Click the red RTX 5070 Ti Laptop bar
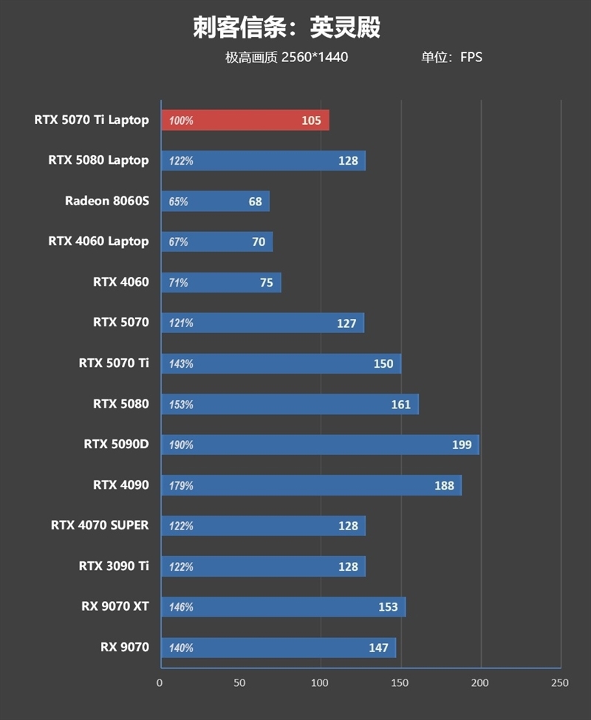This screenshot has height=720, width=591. coord(245,120)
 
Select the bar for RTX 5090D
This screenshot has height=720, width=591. coord(320,445)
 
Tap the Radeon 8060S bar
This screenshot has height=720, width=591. coord(215,202)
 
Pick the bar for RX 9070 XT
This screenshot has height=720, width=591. coord(283,607)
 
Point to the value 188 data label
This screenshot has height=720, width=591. coord(444,485)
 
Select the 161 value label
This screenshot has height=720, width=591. coord(400,405)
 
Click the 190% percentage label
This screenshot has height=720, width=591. coord(181,445)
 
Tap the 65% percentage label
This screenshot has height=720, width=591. coord(178,202)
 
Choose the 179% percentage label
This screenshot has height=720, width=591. coord(181,486)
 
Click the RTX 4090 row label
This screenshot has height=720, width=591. coord(121,485)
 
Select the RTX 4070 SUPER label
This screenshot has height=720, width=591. coord(100,526)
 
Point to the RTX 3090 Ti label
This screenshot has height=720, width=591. coord(114,566)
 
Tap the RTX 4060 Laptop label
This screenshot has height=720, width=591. coord(98,241)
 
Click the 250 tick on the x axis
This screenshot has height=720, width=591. coord(560,683)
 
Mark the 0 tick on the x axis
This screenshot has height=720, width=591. coord(160,683)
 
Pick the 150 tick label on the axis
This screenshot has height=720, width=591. coord(400,683)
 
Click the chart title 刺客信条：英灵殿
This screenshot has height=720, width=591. coord(287,28)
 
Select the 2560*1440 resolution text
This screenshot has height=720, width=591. coord(315,57)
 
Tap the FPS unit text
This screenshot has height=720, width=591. coord(471,57)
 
